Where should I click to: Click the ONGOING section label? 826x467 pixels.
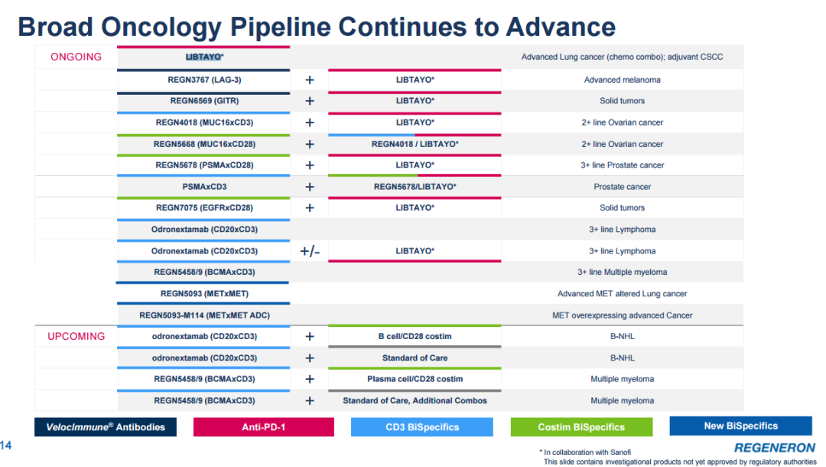pos(76,57)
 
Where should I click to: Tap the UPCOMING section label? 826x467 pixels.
pos(76,336)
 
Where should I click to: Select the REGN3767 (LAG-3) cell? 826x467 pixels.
pos(204,80)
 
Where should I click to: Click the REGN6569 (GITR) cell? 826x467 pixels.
pos(204,101)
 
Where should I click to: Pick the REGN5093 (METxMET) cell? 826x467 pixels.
pos(204,293)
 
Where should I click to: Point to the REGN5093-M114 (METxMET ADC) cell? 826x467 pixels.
pos(204,315)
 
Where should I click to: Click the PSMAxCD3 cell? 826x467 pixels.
pos(204,187)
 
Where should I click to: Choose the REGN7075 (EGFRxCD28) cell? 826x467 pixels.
pos(204,207)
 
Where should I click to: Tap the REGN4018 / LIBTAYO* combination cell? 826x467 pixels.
pos(415,144)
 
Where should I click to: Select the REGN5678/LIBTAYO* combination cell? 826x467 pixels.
pos(415,187)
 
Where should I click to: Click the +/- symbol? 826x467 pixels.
pos(310,251)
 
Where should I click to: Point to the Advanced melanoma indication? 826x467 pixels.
pos(622,80)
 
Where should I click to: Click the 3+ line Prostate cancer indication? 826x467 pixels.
pos(622,165)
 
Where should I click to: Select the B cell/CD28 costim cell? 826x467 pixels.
pos(415,336)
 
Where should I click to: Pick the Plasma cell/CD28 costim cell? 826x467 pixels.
pos(415,379)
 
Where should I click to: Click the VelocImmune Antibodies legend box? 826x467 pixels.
pos(106,427)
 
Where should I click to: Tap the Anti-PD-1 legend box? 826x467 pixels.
pos(264,427)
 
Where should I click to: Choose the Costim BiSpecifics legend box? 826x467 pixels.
pos(581,427)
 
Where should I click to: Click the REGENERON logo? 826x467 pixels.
pos(774,447)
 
